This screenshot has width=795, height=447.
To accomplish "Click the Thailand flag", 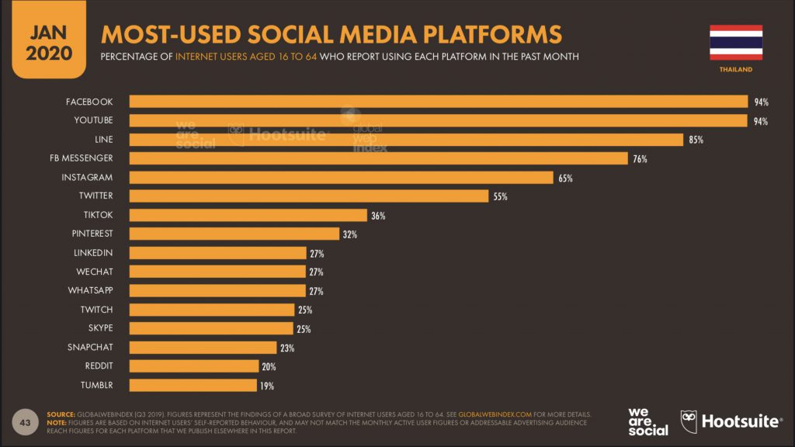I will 735,42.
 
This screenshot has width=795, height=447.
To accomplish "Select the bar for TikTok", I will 248,215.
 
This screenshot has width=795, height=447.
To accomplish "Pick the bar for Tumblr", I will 193,385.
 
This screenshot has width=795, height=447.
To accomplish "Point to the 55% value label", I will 500,196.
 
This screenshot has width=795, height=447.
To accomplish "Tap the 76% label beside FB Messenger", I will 640,159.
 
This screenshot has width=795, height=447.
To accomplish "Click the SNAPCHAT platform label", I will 90,347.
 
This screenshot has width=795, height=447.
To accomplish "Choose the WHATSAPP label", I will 90,290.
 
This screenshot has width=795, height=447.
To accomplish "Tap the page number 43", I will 25,422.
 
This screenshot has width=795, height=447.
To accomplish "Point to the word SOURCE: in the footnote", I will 61,414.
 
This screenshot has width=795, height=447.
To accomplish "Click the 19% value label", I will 266,385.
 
